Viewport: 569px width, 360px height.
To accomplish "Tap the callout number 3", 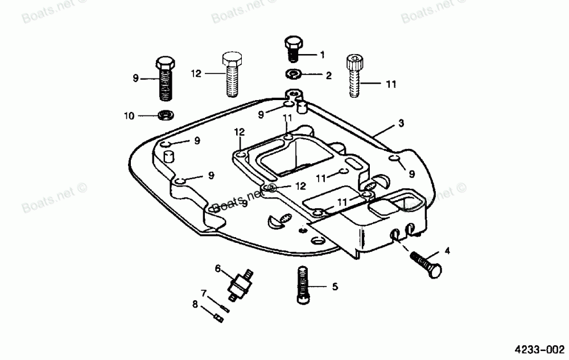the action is pyautogui.click(x=401, y=123).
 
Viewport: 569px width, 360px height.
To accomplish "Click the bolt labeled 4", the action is pyautogui.click(x=426, y=263).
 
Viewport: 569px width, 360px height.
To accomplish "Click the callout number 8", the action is pyautogui.click(x=195, y=305).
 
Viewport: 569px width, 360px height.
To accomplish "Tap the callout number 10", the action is pyautogui.click(x=129, y=116).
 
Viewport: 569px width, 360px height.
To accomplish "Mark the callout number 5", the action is pyautogui.click(x=335, y=287).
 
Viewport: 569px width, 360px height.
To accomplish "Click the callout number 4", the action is pyautogui.click(x=447, y=250).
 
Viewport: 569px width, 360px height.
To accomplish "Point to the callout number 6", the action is pyautogui.click(x=217, y=267).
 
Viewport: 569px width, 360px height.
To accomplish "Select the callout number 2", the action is pyautogui.click(x=328, y=75).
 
